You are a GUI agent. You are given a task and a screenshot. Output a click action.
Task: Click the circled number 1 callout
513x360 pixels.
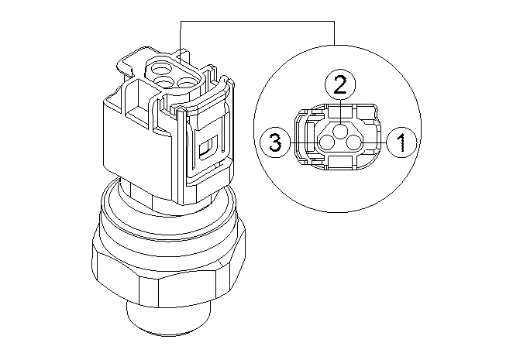click(401, 142)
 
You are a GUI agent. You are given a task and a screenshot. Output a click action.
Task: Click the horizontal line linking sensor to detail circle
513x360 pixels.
click(256, 22)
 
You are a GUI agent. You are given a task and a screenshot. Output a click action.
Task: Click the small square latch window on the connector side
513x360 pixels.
click(208, 147)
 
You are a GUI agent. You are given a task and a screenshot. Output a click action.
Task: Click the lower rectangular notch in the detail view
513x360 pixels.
click(340, 160)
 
